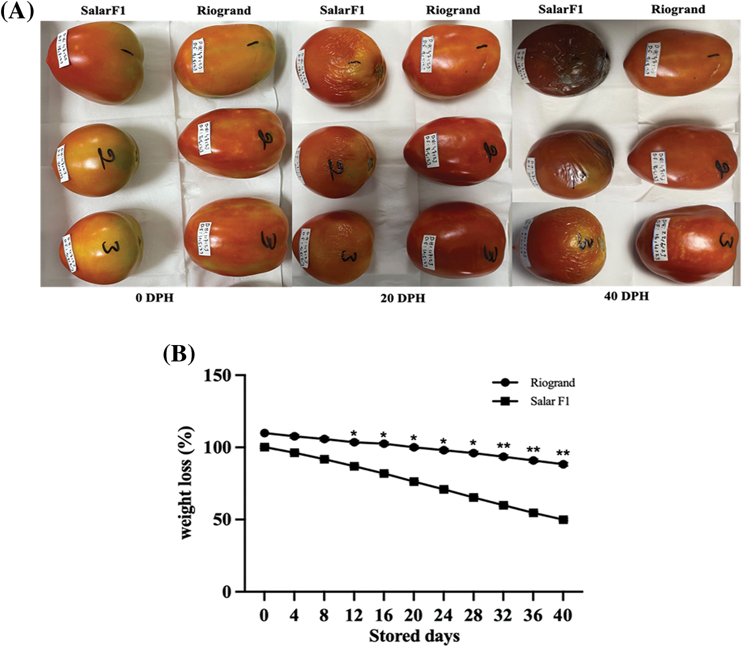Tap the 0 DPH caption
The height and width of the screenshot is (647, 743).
(155, 298)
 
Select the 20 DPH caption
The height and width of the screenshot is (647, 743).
(402, 298)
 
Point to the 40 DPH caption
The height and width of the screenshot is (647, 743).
(626, 296)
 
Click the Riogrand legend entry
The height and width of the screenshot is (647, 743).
(552, 383)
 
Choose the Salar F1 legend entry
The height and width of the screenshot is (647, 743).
(549, 401)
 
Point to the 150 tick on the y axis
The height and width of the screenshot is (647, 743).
(217, 376)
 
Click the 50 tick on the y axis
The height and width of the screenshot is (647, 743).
(222, 520)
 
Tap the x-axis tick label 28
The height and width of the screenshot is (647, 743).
(473, 615)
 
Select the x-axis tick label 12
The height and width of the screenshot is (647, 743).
(354, 615)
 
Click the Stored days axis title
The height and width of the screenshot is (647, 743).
(414, 636)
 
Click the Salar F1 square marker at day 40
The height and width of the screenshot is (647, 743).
(563, 520)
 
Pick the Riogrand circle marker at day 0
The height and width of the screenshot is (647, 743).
(265, 433)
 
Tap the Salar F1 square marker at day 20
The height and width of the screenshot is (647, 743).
(414, 481)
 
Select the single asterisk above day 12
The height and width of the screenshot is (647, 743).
(354, 433)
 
